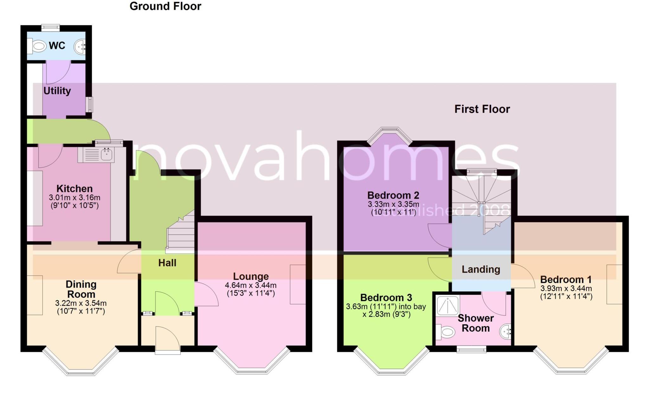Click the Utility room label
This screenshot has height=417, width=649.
point(57,91)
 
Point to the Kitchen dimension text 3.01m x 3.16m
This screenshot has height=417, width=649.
point(74,197)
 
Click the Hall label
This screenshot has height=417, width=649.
point(167,263)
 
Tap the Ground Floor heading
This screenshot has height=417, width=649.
point(165,6)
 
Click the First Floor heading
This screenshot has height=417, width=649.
point(482,109)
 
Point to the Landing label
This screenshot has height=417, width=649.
point(481,269)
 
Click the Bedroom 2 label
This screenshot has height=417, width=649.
point(393,195)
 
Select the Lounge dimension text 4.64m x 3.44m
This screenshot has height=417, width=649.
point(250,285)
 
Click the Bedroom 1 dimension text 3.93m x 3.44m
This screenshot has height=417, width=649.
point(566,289)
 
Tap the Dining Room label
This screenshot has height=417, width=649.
point(81,289)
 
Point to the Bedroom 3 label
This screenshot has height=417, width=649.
point(386,297)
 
